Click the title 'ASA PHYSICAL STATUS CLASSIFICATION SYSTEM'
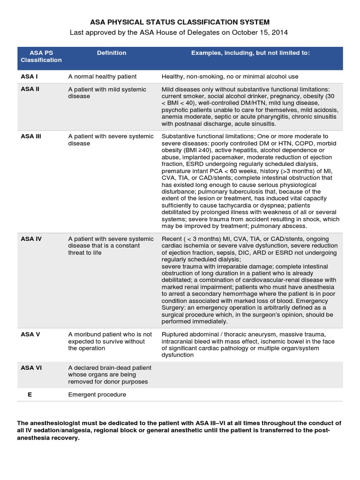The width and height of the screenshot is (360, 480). (x=180, y=22)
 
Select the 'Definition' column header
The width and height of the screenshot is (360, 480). (x=111, y=53)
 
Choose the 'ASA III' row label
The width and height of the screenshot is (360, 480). (x=31, y=136)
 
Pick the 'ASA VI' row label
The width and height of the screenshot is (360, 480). (x=31, y=368)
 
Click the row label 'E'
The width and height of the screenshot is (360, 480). (x=30, y=395)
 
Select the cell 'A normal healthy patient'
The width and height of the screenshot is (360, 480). (x=102, y=76)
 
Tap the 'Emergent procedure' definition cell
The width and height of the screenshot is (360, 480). (x=97, y=395)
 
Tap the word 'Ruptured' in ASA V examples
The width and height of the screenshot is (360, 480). (x=175, y=334)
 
